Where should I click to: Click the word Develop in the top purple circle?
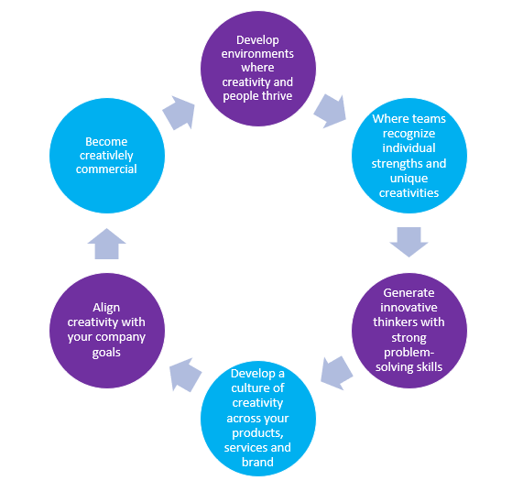coord(257,40)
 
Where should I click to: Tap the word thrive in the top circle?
coord(277,96)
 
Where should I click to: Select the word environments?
coord(257,54)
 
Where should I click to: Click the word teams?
coord(429,119)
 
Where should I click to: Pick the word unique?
coord(409,179)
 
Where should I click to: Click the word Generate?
coord(409,292)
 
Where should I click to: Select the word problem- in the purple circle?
coord(409,353)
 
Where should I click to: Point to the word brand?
coord(257,462)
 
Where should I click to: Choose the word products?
coord(257,433)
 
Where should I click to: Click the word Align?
coord(106,308)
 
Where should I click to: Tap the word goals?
coord(106,353)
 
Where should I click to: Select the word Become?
coord(106,141)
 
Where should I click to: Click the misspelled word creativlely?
coord(106,156)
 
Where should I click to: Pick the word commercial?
coord(106,169)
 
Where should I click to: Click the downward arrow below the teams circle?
coord(409,242)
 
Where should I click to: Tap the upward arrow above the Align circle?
coord(106,244)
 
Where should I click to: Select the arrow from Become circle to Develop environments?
coord(180,113)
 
